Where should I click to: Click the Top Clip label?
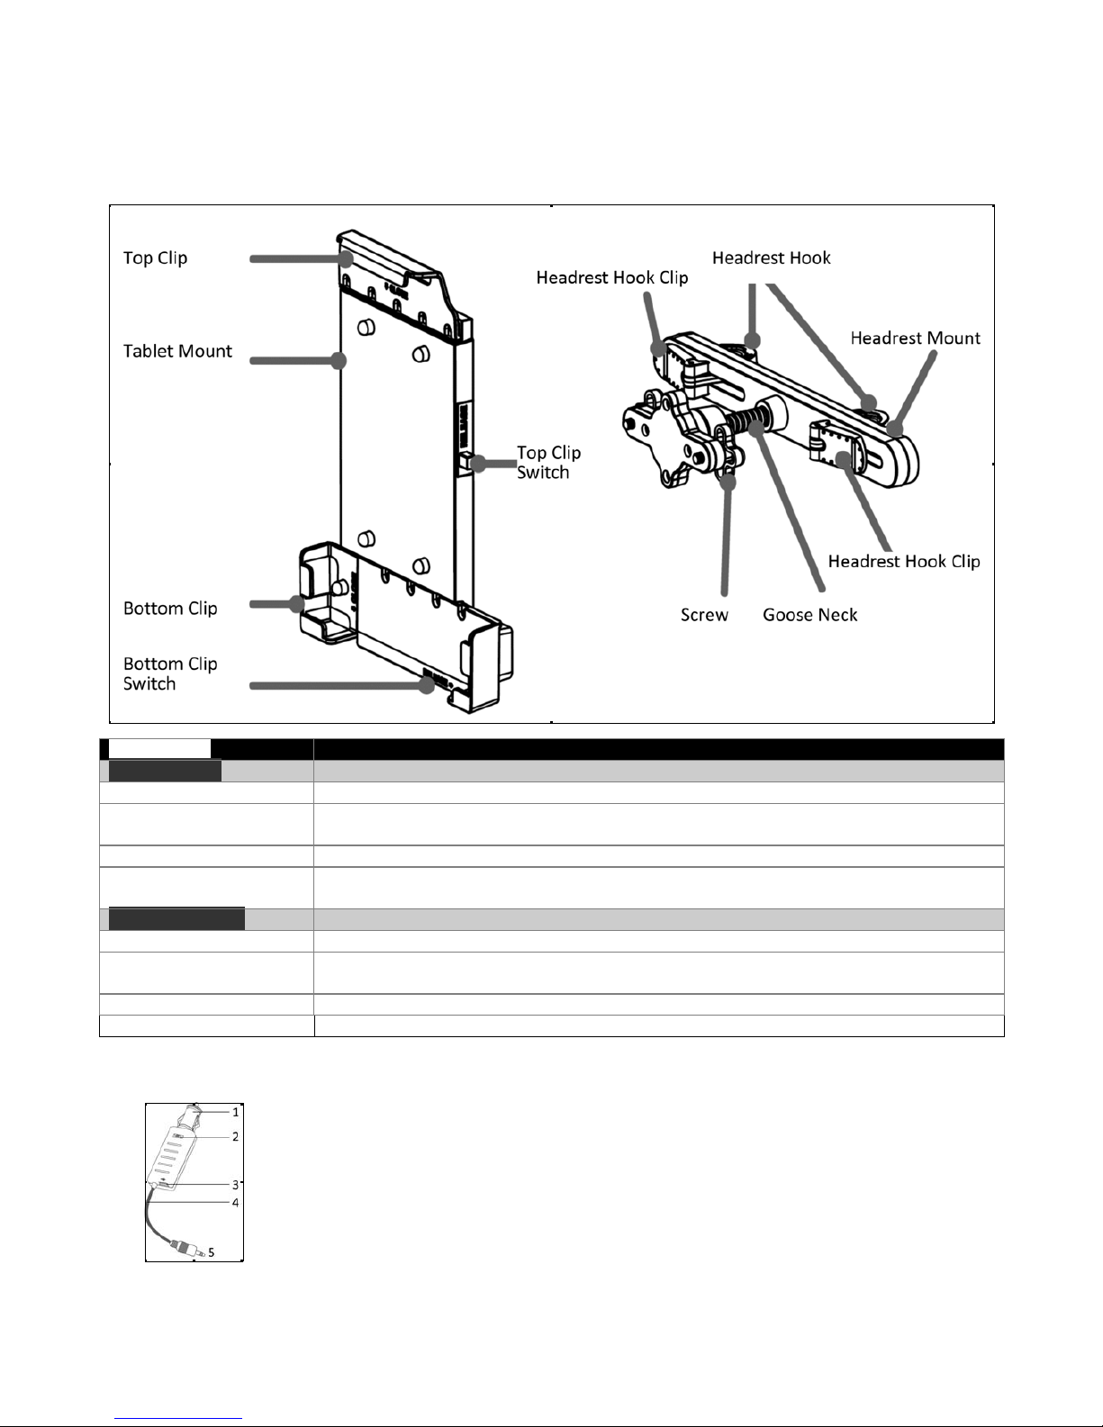tap(155, 258)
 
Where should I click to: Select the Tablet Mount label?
tap(177, 351)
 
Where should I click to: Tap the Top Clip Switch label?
tap(548, 463)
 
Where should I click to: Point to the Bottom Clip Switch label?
tap(170, 673)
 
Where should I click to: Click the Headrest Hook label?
tap(772, 257)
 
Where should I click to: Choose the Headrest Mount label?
tap(915, 339)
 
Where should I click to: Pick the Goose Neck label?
tap(809, 615)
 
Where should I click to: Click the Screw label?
tap(704, 615)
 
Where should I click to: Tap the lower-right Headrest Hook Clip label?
tap(904, 561)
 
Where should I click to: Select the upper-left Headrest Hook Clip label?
tap(612, 278)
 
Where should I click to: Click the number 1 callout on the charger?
tap(236, 1112)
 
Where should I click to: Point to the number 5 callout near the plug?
tap(211, 1252)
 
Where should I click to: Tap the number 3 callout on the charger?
tap(235, 1185)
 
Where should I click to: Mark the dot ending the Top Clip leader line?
tap(346, 258)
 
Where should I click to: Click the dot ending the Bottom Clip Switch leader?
tap(427, 686)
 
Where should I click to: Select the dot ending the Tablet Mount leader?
tap(339, 360)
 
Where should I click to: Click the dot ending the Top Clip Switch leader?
tap(479, 464)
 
